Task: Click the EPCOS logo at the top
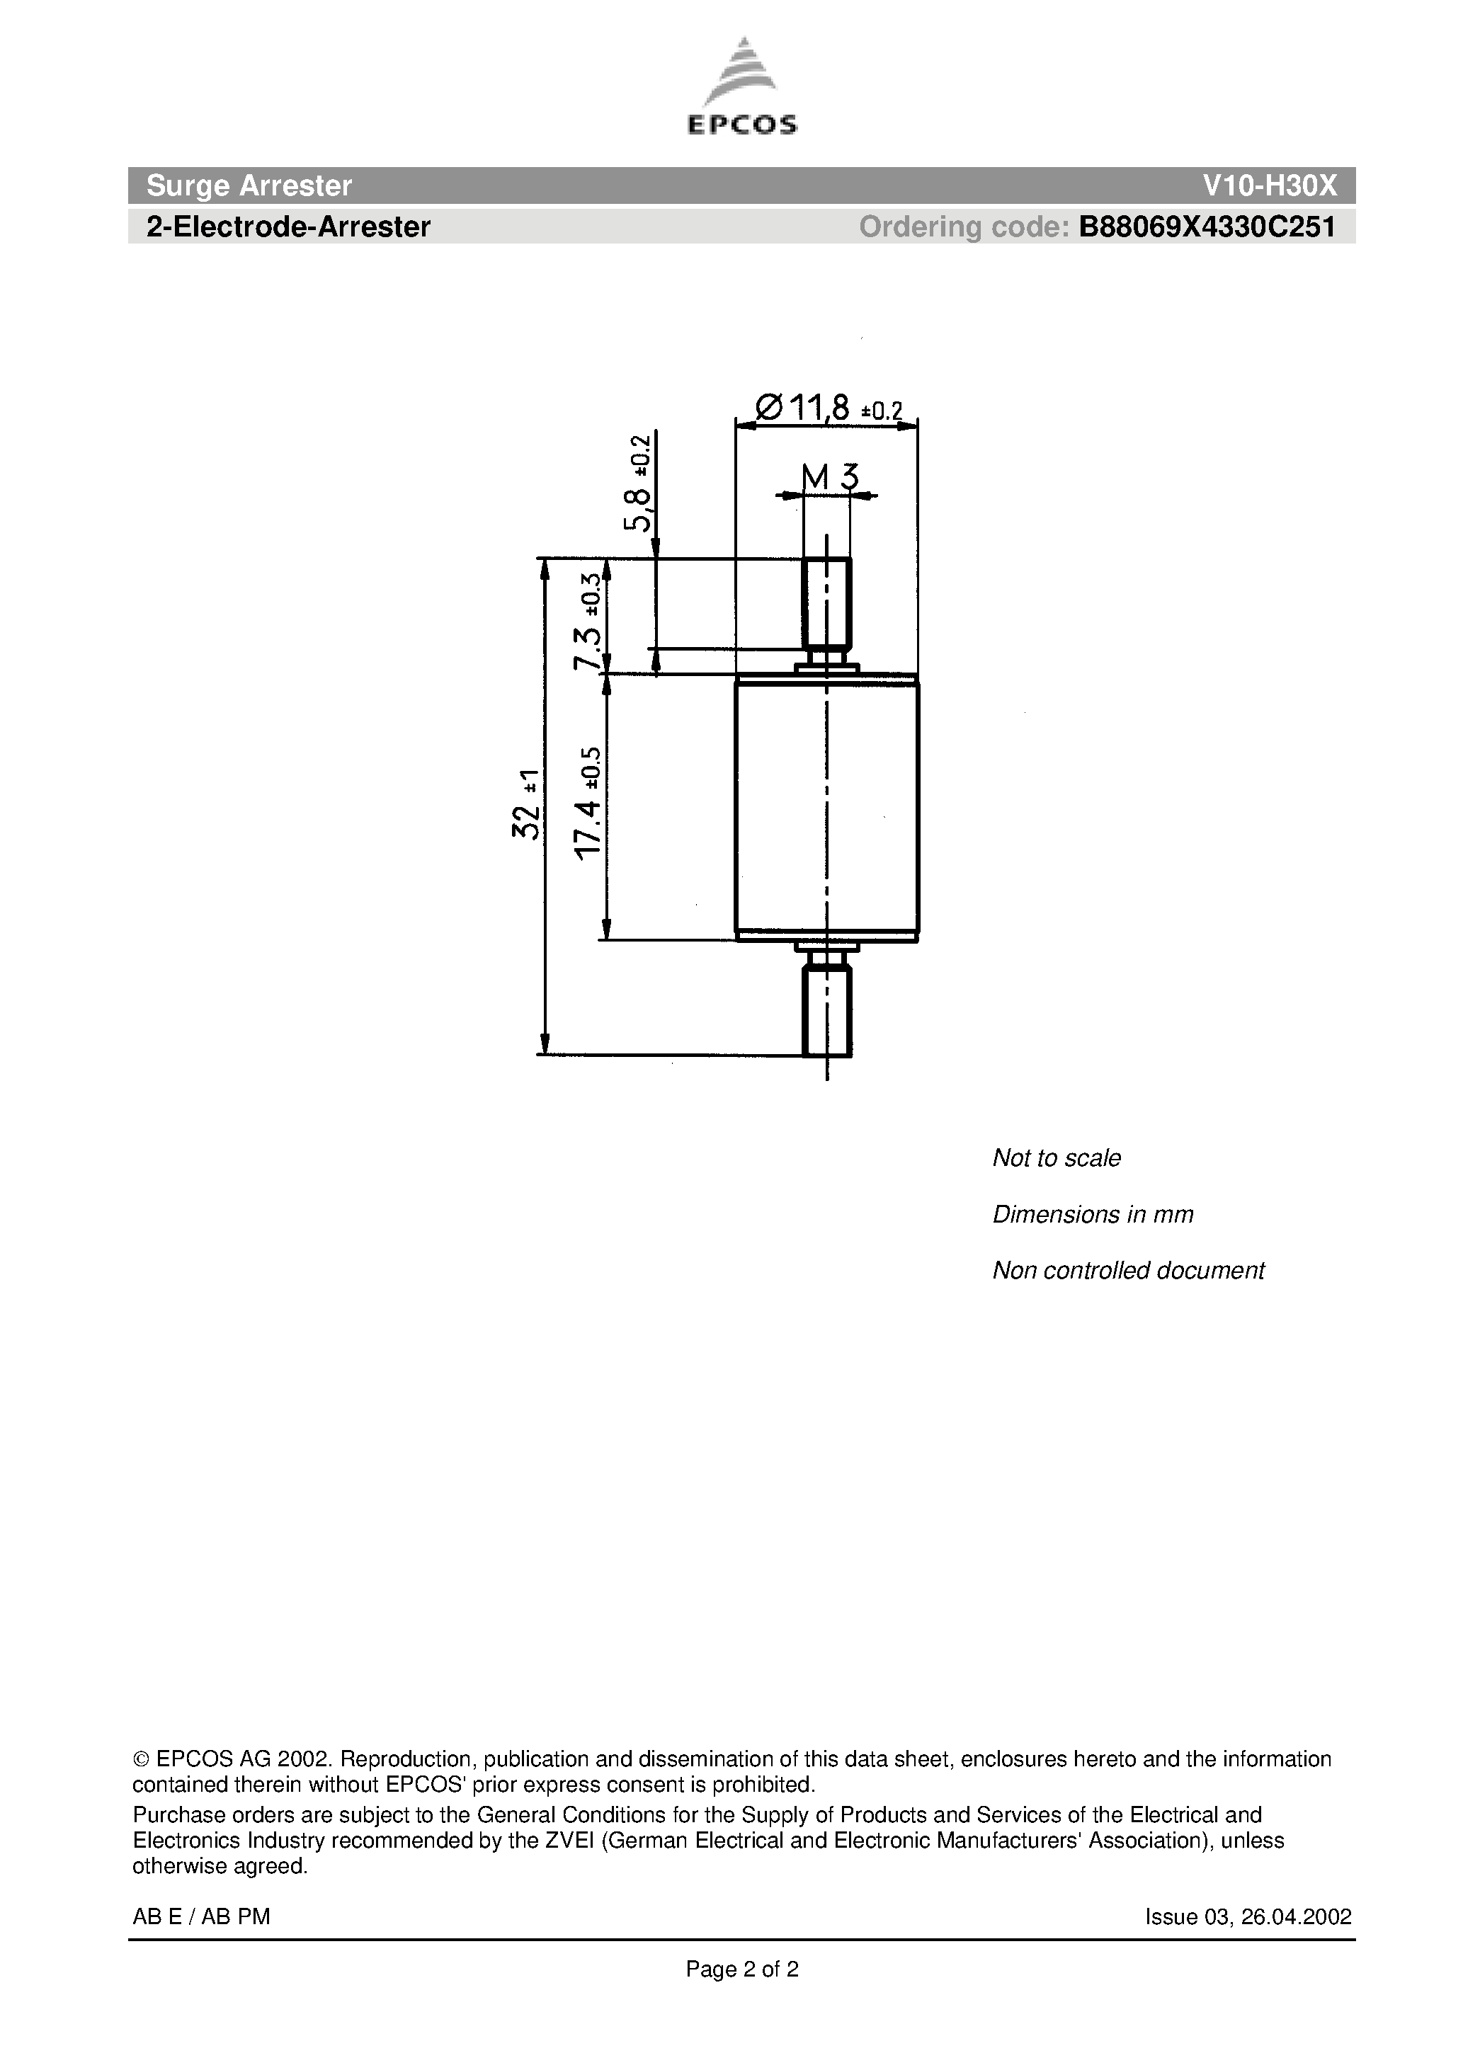(x=741, y=88)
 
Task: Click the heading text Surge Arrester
(x=249, y=185)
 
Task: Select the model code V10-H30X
(x=1269, y=185)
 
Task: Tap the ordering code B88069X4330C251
(x=1207, y=227)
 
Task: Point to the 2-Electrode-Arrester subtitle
(x=288, y=227)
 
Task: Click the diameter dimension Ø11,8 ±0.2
(x=827, y=409)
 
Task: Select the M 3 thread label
(x=829, y=478)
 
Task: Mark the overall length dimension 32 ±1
(x=527, y=804)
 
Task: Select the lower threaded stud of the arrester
(x=826, y=1010)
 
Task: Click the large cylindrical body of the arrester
(x=826, y=807)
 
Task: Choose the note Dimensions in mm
(x=1092, y=1214)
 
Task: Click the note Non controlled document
(x=1128, y=1270)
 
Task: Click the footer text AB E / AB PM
(x=201, y=1917)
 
